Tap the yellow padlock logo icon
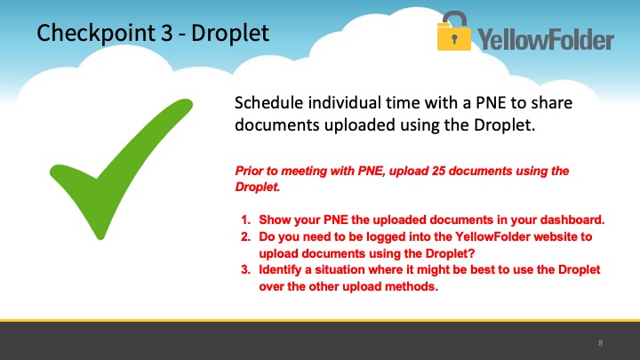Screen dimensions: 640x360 tap(454, 31)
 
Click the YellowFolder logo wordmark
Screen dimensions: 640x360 tap(546, 39)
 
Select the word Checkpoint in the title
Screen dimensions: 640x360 tap(95, 33)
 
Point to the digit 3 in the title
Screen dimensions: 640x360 tap(166, 33)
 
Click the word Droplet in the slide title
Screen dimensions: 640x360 tap(230, 33)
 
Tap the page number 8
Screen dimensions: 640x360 tap(600, 343)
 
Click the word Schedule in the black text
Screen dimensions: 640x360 tap(268, 102)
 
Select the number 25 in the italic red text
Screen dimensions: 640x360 tap(438, 171)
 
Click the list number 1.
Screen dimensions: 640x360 tap(245, 220)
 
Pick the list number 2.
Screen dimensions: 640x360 tap(245, 236)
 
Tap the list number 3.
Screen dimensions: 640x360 tap(245, 270)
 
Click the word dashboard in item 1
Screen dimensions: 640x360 tap(572, 220)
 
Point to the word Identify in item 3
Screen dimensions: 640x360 tap(280, 270)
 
